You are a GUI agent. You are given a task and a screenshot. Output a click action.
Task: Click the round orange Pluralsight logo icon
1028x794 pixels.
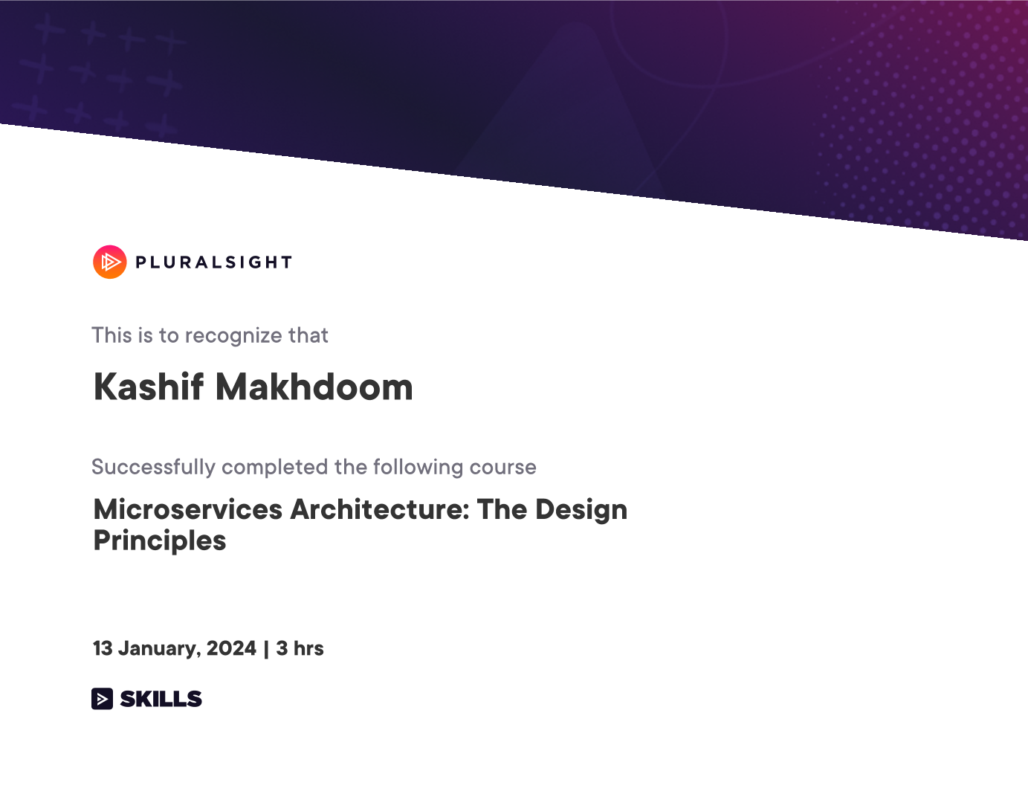(x=110, y=262)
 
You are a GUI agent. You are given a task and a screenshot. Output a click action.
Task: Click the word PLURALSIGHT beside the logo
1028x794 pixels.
(x=214, y=262)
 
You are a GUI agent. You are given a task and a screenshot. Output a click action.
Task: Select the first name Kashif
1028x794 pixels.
(x=149, y=387)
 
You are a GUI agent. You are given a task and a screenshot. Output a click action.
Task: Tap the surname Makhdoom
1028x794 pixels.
(x=314, y=387)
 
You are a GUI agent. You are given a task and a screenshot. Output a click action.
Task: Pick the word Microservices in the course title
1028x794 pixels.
(x=188, y=509)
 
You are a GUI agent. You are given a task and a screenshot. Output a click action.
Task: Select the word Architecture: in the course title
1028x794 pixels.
(x=379, y=509)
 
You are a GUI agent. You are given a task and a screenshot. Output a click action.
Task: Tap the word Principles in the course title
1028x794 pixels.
(x=160, y=541)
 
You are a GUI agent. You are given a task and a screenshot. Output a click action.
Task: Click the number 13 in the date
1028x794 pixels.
(x=102, y=648)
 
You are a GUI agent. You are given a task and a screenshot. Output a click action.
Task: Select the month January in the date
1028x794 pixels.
(x=159, y=649)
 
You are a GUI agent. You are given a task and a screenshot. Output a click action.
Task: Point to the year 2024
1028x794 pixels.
(x=231, y=648)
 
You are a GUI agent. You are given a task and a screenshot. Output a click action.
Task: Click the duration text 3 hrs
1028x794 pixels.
(x=300, y=648)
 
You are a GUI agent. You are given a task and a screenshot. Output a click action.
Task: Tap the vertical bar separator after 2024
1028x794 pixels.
(x=266, y=649)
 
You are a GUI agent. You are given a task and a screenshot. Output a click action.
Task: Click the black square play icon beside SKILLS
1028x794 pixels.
(x=102, y=699)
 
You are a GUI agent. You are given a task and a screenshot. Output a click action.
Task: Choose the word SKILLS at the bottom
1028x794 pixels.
(x=161, y=699)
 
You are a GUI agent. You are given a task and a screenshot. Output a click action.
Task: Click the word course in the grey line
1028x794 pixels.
(x=503, y=468)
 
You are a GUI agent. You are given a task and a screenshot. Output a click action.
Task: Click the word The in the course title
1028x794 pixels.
(x=502, y=509)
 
